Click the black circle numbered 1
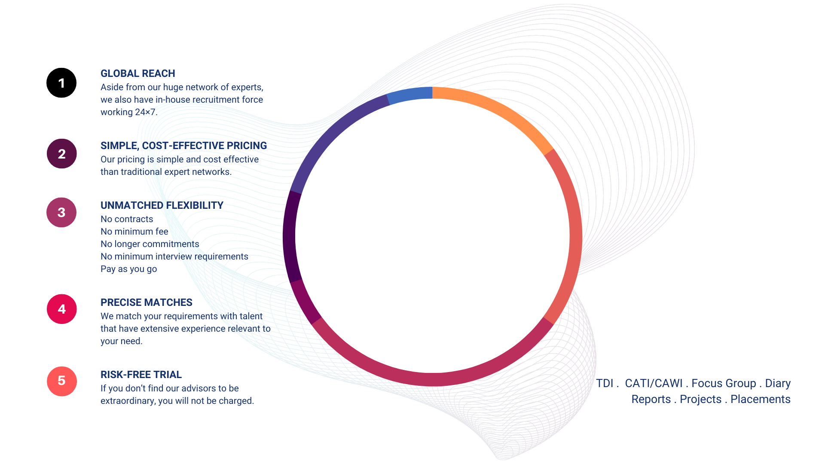click(61, 83)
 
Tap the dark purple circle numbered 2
click(61, 154)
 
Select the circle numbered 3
click(61, 212)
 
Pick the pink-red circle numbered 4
click(61, 309)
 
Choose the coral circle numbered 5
click(61, 381)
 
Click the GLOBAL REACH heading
click(138, 73)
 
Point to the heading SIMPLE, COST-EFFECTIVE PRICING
click(183, 146)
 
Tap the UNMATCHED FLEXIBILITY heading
click(162, 205)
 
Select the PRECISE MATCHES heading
click(147, 302)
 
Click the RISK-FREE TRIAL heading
click(141, 375)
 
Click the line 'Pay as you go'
click(129, 269)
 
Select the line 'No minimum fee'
click(134, 232)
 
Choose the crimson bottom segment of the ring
click(432, 379)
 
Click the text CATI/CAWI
click(654, 383)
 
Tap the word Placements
click(761, 399)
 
